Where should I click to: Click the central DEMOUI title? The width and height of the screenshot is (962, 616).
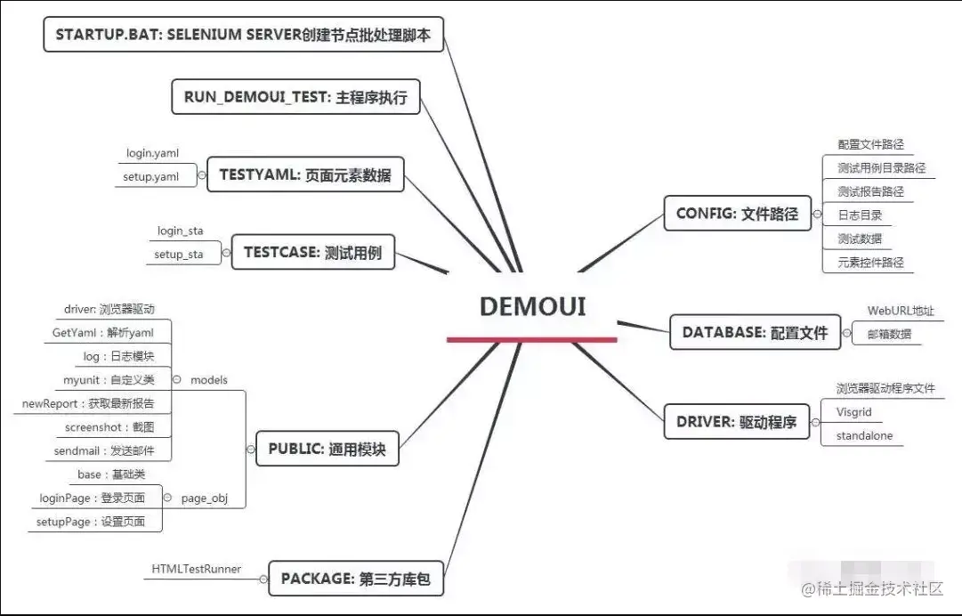[532, 306]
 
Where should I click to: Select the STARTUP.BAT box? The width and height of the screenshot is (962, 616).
[243, 35]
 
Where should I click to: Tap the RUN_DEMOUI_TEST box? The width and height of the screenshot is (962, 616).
[295, 97]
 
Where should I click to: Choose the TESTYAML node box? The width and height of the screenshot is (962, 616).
[304, 174]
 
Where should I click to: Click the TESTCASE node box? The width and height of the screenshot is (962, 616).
[312, 252]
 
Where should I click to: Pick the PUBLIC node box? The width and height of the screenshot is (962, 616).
[327, 449]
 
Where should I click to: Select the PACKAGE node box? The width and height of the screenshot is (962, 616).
[355, 579]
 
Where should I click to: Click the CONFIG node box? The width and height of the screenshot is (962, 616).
[737, 214]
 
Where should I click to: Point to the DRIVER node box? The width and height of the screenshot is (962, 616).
[737, 421]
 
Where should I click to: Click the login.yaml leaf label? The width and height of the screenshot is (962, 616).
[152, 153]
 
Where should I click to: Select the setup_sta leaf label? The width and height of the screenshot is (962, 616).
[178, 255]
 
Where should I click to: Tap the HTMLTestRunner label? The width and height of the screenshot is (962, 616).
[196, 569]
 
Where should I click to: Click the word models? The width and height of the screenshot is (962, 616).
[209, 380]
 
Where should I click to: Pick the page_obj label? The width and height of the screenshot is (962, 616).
[205, 498]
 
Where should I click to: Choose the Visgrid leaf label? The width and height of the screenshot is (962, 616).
[853, 412]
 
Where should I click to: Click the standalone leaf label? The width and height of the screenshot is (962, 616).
[863, 436]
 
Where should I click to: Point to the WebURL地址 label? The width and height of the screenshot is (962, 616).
[900, 311]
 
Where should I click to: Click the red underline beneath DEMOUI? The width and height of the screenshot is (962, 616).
[532, 339]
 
